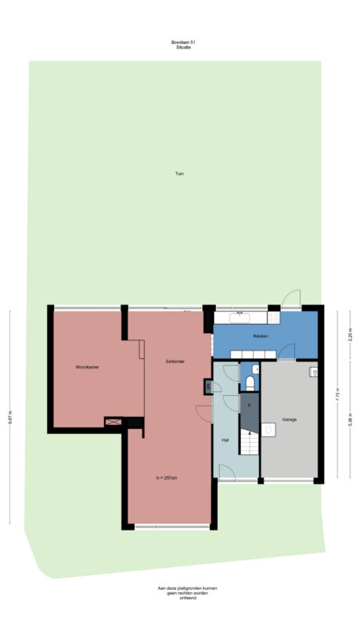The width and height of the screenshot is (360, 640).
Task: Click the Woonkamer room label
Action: [x=86, y=366]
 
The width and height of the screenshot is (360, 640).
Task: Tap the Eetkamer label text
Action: [x=175, y=361]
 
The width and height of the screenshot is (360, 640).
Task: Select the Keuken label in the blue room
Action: [x=261, y=336]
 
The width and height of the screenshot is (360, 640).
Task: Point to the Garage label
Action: [x=290, y=419]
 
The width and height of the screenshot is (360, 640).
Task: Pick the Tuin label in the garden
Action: [x=179, y=174]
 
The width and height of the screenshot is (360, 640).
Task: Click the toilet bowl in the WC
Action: [x=249, y=383]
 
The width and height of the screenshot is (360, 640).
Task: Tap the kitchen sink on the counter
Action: [x=239, y=318]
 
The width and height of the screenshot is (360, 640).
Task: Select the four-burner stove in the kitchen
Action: [x=274, y=318]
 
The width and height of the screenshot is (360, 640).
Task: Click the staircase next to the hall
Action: [x=249, y=446]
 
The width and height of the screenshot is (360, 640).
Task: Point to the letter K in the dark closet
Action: [x=249, y=405]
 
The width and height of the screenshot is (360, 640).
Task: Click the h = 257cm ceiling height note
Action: [x=167, y=477]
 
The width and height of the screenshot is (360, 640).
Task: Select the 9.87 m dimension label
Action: [x=10, y=418]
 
